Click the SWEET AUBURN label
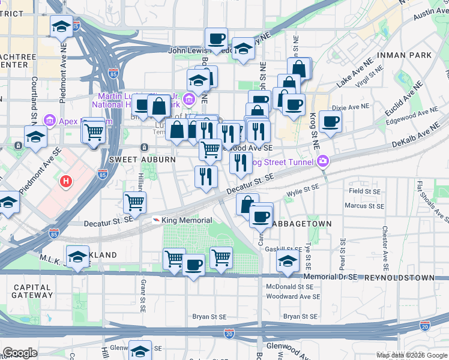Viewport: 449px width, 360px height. tap(142, 160)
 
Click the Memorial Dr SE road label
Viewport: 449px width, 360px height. tap(331, 277)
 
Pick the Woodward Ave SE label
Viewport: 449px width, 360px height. tap(293, 296)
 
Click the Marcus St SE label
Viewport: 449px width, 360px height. tap(364, 206)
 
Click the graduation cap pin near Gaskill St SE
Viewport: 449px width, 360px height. tap(288, 261)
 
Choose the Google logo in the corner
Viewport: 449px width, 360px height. tap(20, 353)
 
